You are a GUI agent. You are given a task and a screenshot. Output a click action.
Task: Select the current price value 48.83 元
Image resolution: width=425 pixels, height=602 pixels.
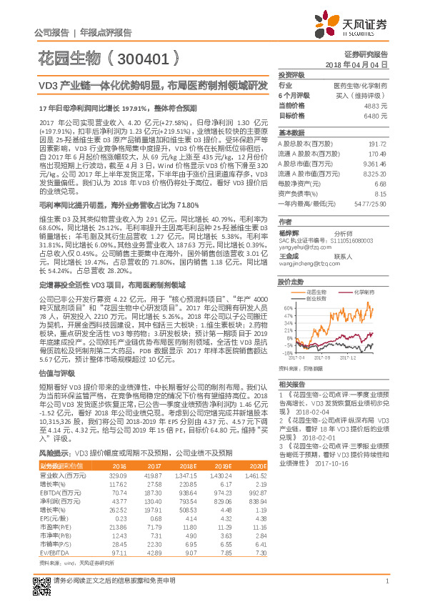[x=377, y=105]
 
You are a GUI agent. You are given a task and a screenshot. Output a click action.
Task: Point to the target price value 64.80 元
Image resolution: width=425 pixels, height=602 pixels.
[x=377, y=115]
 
